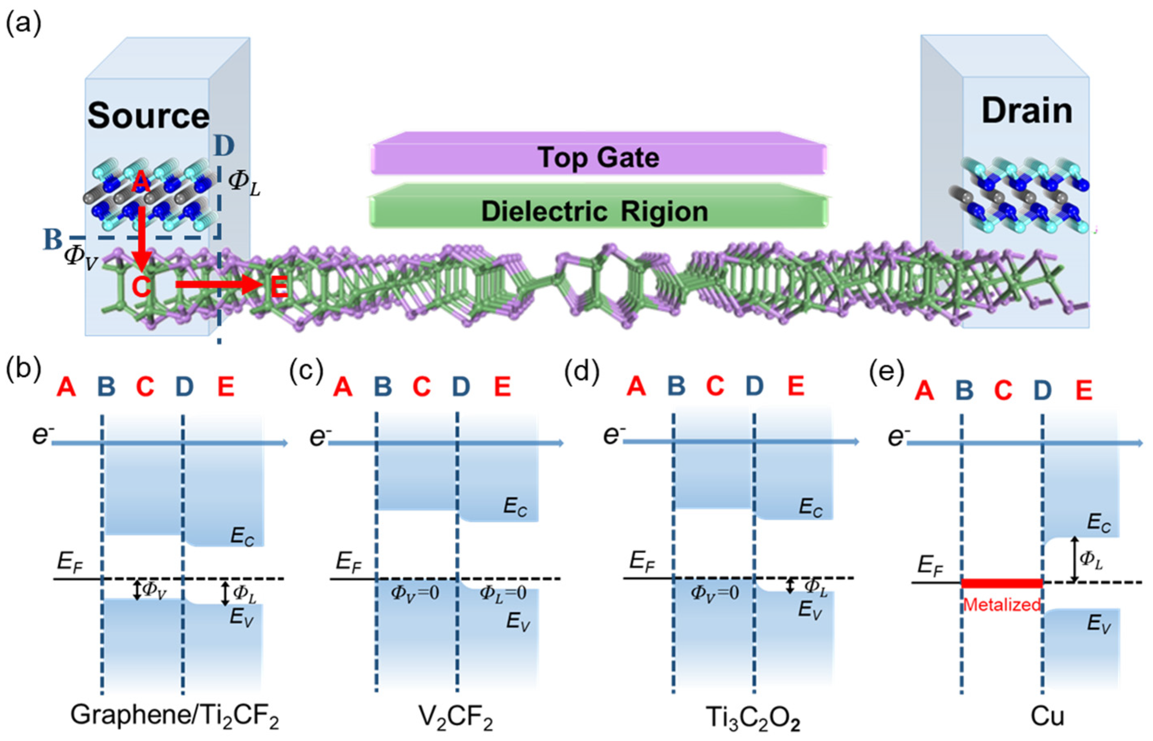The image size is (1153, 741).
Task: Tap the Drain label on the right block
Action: (x=1026, y=112)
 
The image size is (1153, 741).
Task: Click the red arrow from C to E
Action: (x=217, y=285)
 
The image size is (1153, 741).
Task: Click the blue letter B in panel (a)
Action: (x=53, y=239)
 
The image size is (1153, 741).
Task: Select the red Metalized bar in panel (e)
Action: (x=1002, y=583)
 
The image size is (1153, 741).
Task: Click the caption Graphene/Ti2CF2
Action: (x=175, y=715)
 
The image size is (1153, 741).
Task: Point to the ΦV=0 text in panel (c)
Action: (x=415, y=593)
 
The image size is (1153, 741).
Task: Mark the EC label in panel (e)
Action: (x=1099, y=523)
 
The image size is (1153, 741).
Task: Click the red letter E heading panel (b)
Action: (x=226, y=386)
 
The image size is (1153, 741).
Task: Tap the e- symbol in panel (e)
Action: (x=896, y=437)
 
